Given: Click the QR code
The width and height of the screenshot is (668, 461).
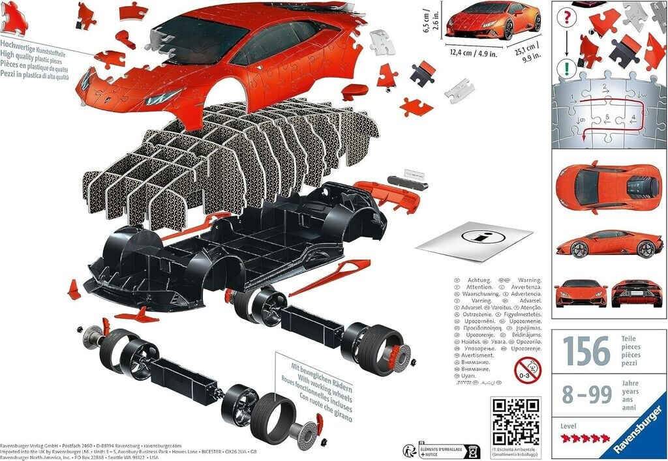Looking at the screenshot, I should pyautogui.click(x=515, y=421).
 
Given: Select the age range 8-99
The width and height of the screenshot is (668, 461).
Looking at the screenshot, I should pyautogui.click(x=586, y=394).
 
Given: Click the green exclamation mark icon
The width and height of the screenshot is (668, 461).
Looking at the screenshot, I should pyautogui.click(x=568, y=67).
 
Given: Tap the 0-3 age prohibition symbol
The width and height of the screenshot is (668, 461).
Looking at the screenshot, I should pyautogui.click(x=527, y=370).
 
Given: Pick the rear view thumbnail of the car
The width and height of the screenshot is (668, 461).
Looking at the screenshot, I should pyautogui.click(x=637, y=293).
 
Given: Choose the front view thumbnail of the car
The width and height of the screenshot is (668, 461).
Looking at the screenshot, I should pyautogui.click(x=581, y=293).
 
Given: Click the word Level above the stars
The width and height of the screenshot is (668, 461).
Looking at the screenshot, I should pyautogui.click(x=569, y=425).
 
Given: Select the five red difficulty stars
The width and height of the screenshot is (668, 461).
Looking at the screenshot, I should pyautogui.click(x=585, y=438).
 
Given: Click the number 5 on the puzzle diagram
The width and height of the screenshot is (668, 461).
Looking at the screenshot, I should pyautogui.click(x=607, y=117).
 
